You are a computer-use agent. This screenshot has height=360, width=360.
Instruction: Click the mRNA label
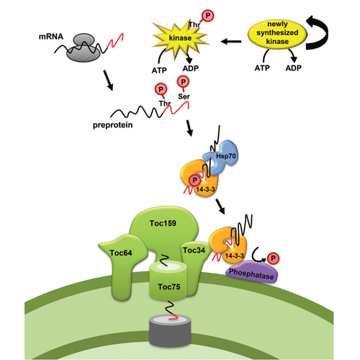(x=51, y=37)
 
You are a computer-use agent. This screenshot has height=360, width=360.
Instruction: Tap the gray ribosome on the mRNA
(x=83, y=48)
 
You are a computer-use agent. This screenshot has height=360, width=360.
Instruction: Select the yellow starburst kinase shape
(x=180, y=38)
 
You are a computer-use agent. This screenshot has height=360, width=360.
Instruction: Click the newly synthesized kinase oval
(x=277, y=33)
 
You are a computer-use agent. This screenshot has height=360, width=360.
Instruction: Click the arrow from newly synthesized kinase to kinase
(x=231, y=42)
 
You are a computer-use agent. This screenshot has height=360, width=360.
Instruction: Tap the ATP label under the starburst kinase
(x=159, y=71)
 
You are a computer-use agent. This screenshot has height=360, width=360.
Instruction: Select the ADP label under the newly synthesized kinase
(x=293, y=68)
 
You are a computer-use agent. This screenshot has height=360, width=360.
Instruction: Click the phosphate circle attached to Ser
(x=183, y=82)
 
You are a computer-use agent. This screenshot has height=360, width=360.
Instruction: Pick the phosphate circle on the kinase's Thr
(x=208, y=16)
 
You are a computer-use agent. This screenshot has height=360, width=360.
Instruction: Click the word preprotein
(x=112, y=125)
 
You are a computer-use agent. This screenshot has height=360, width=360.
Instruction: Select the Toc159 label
(x=163, y=223)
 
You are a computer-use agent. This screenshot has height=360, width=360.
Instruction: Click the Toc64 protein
(x=121, y=264)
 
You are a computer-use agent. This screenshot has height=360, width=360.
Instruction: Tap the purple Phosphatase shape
(x=251, y=272)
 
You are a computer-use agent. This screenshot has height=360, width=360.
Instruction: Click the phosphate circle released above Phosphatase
(x=273, y=258)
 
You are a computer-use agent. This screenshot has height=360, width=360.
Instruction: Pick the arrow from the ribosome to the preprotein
(x=108, y=81)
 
